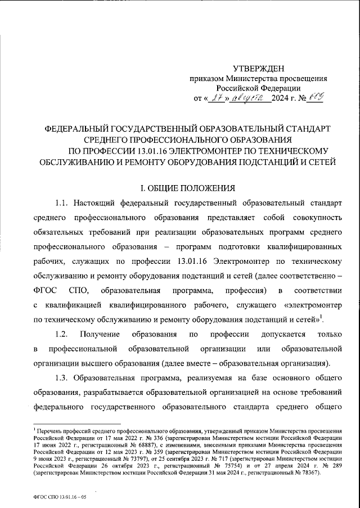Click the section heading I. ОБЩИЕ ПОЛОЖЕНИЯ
pos(179,187)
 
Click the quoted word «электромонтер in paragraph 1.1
pos(314,304)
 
